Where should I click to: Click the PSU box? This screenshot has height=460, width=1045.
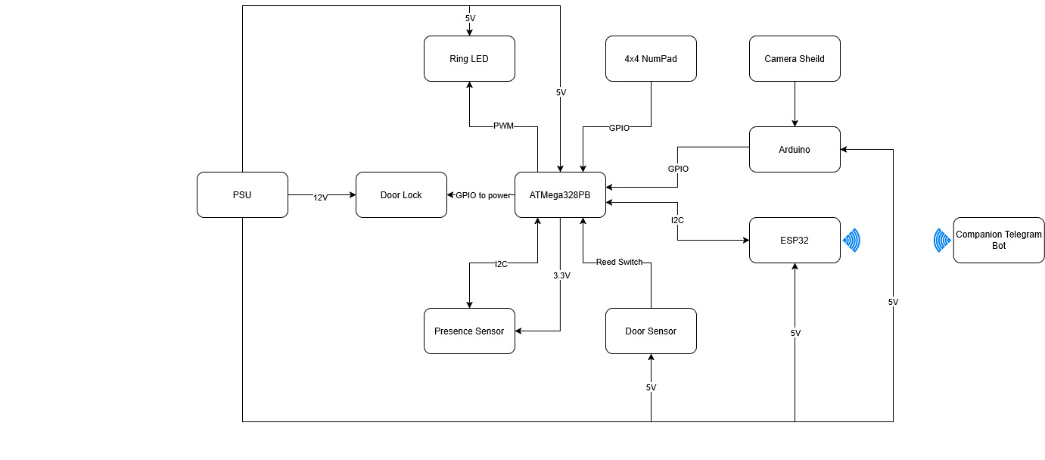coord(242,194)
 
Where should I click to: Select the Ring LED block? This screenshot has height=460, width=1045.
coord(469,58)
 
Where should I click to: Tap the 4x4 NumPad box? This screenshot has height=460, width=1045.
coord(651,58)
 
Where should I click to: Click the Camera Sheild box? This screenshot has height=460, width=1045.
coord(795,58)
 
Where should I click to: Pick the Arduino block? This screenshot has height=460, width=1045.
coord(795,149)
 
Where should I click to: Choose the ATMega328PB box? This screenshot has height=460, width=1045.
coord(560,194)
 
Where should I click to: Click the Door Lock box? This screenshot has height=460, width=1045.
coord(401,194)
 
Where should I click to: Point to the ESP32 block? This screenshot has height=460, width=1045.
coord(795,240)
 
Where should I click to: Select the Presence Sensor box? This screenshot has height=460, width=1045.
coord(469,331)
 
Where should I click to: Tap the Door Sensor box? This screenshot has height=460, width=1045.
coord(651,331)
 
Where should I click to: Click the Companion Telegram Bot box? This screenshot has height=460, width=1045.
coord(999,240)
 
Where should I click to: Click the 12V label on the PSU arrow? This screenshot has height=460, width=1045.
coord(321,197)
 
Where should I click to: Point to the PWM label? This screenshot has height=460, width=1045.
coord(503,126)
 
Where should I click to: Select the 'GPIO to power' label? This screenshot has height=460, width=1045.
coord(483,194)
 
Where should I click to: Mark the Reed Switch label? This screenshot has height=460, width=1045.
coord(619,262)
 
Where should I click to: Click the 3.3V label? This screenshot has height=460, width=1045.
coord(561,275)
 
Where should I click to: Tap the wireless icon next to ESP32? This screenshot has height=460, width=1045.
coord(852,240)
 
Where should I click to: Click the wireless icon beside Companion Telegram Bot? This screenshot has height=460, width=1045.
coord(942,240)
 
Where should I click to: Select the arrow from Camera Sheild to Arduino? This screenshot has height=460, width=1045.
coord(795,104)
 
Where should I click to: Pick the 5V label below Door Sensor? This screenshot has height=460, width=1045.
coord(651,387)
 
